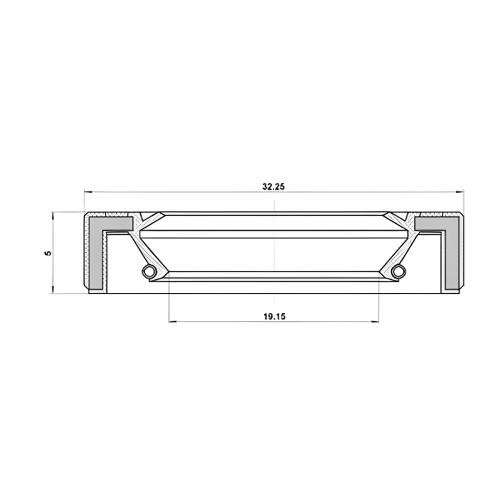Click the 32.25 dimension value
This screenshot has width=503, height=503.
click(x=274, y=187)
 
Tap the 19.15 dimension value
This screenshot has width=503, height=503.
click(x=274, y=317)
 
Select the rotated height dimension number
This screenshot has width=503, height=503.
click(x=48, y=253)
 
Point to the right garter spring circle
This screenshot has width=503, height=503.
click(x=399, y=271)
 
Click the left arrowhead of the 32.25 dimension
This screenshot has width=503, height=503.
click(x=88, y=192)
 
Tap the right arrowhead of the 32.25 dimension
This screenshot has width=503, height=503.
click(x=460, y=192)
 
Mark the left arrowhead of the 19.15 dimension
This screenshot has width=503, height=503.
click(x=173, y=321)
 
